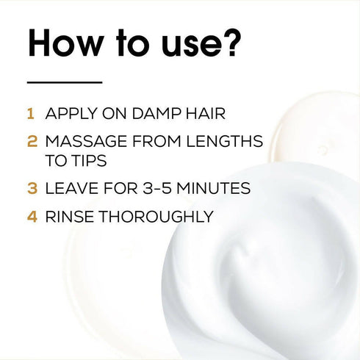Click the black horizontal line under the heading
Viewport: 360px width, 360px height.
pos(64,82)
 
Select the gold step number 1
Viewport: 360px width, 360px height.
pos(31,115)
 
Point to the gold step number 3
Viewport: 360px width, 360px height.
pos(32,188)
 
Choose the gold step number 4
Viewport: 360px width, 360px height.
pos(32,217)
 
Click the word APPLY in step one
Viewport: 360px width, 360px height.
pos(70,115)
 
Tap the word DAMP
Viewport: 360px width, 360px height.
pos(151,115)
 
